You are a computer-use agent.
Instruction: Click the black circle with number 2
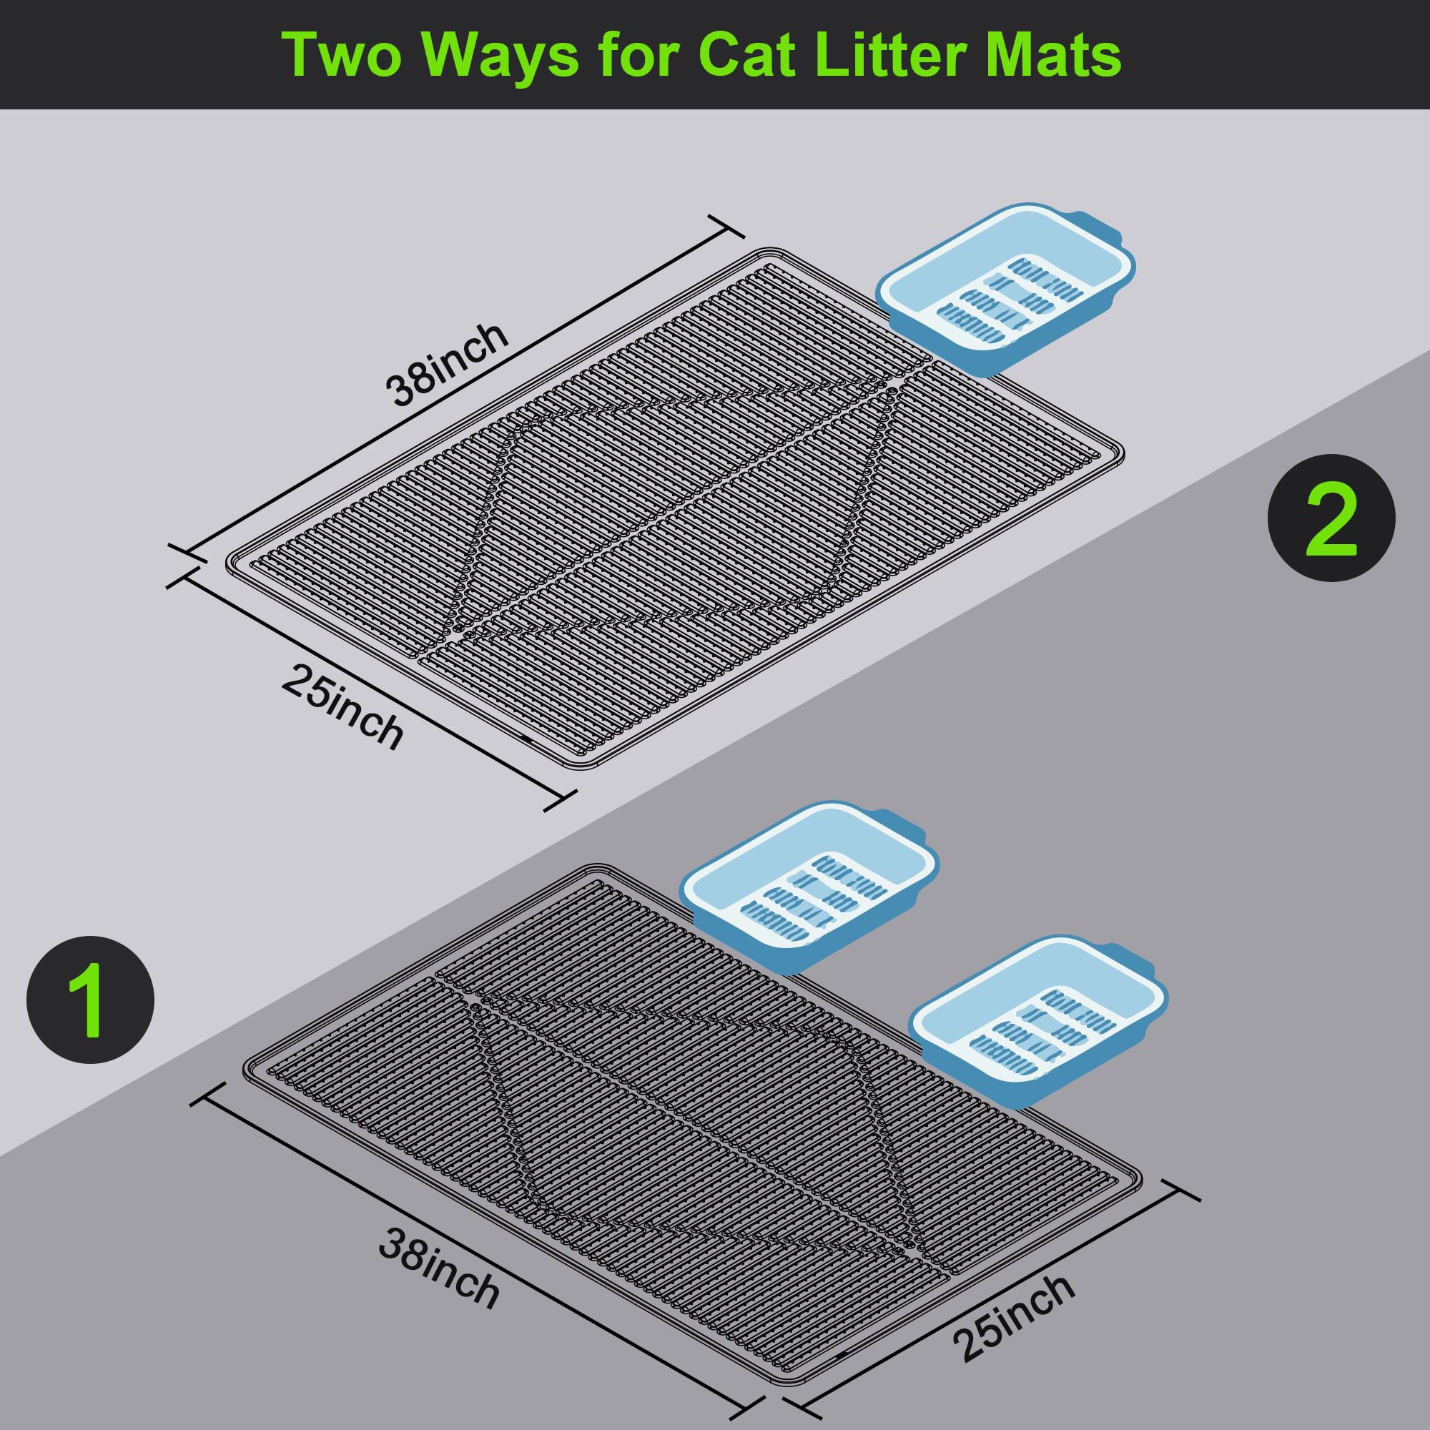(x=1331, y=518)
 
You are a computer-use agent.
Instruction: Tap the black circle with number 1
(x=90, y=1001)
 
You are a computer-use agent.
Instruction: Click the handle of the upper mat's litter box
(x=1100, y=230)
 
